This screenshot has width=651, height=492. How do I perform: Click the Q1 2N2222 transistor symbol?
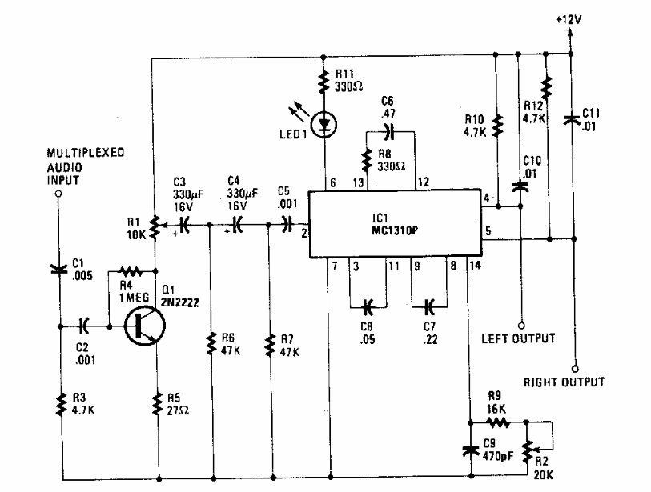tap(144, 326)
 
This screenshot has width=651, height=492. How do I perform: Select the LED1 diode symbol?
tap(323, 125)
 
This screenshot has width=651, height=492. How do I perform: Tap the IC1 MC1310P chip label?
tap(395, 225)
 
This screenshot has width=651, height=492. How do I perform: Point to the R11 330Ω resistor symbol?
tap(323, 82)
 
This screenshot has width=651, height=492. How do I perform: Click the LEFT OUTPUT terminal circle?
tap(521, 326)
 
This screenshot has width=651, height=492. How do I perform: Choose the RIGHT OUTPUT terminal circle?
tap(575, 369)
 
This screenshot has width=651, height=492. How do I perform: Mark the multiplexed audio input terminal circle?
tap(59, 194)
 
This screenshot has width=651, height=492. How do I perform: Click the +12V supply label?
tap(569, 19)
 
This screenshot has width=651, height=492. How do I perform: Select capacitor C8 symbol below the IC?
tap(368, 307)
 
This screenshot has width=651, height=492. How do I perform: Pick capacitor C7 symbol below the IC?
tap(429, 306)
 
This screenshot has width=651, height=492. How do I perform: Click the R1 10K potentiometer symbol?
tap(155, 227)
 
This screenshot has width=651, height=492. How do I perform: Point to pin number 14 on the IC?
tap(475, 265)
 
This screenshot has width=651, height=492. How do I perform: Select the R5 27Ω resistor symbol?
tap(157, 404)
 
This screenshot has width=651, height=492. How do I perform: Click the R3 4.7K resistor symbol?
tap(62, 405)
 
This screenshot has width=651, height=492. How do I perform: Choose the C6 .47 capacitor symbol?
tap(389, 131)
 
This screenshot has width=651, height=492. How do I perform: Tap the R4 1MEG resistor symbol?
tap(131, 271)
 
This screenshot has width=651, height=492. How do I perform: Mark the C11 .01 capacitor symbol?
tap(571, 120)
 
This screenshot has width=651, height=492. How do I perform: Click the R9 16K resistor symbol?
tap(497, 422)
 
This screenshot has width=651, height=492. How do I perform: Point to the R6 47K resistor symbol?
tap(211, 343)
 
